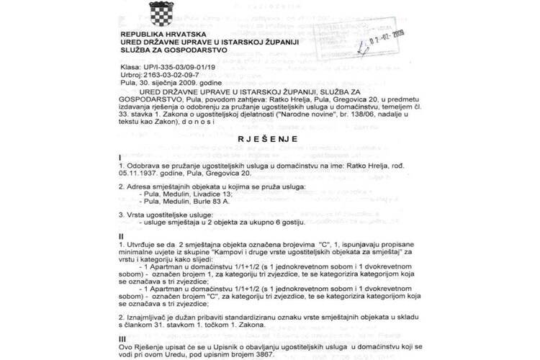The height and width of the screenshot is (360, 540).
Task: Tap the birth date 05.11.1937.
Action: point(139,174)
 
